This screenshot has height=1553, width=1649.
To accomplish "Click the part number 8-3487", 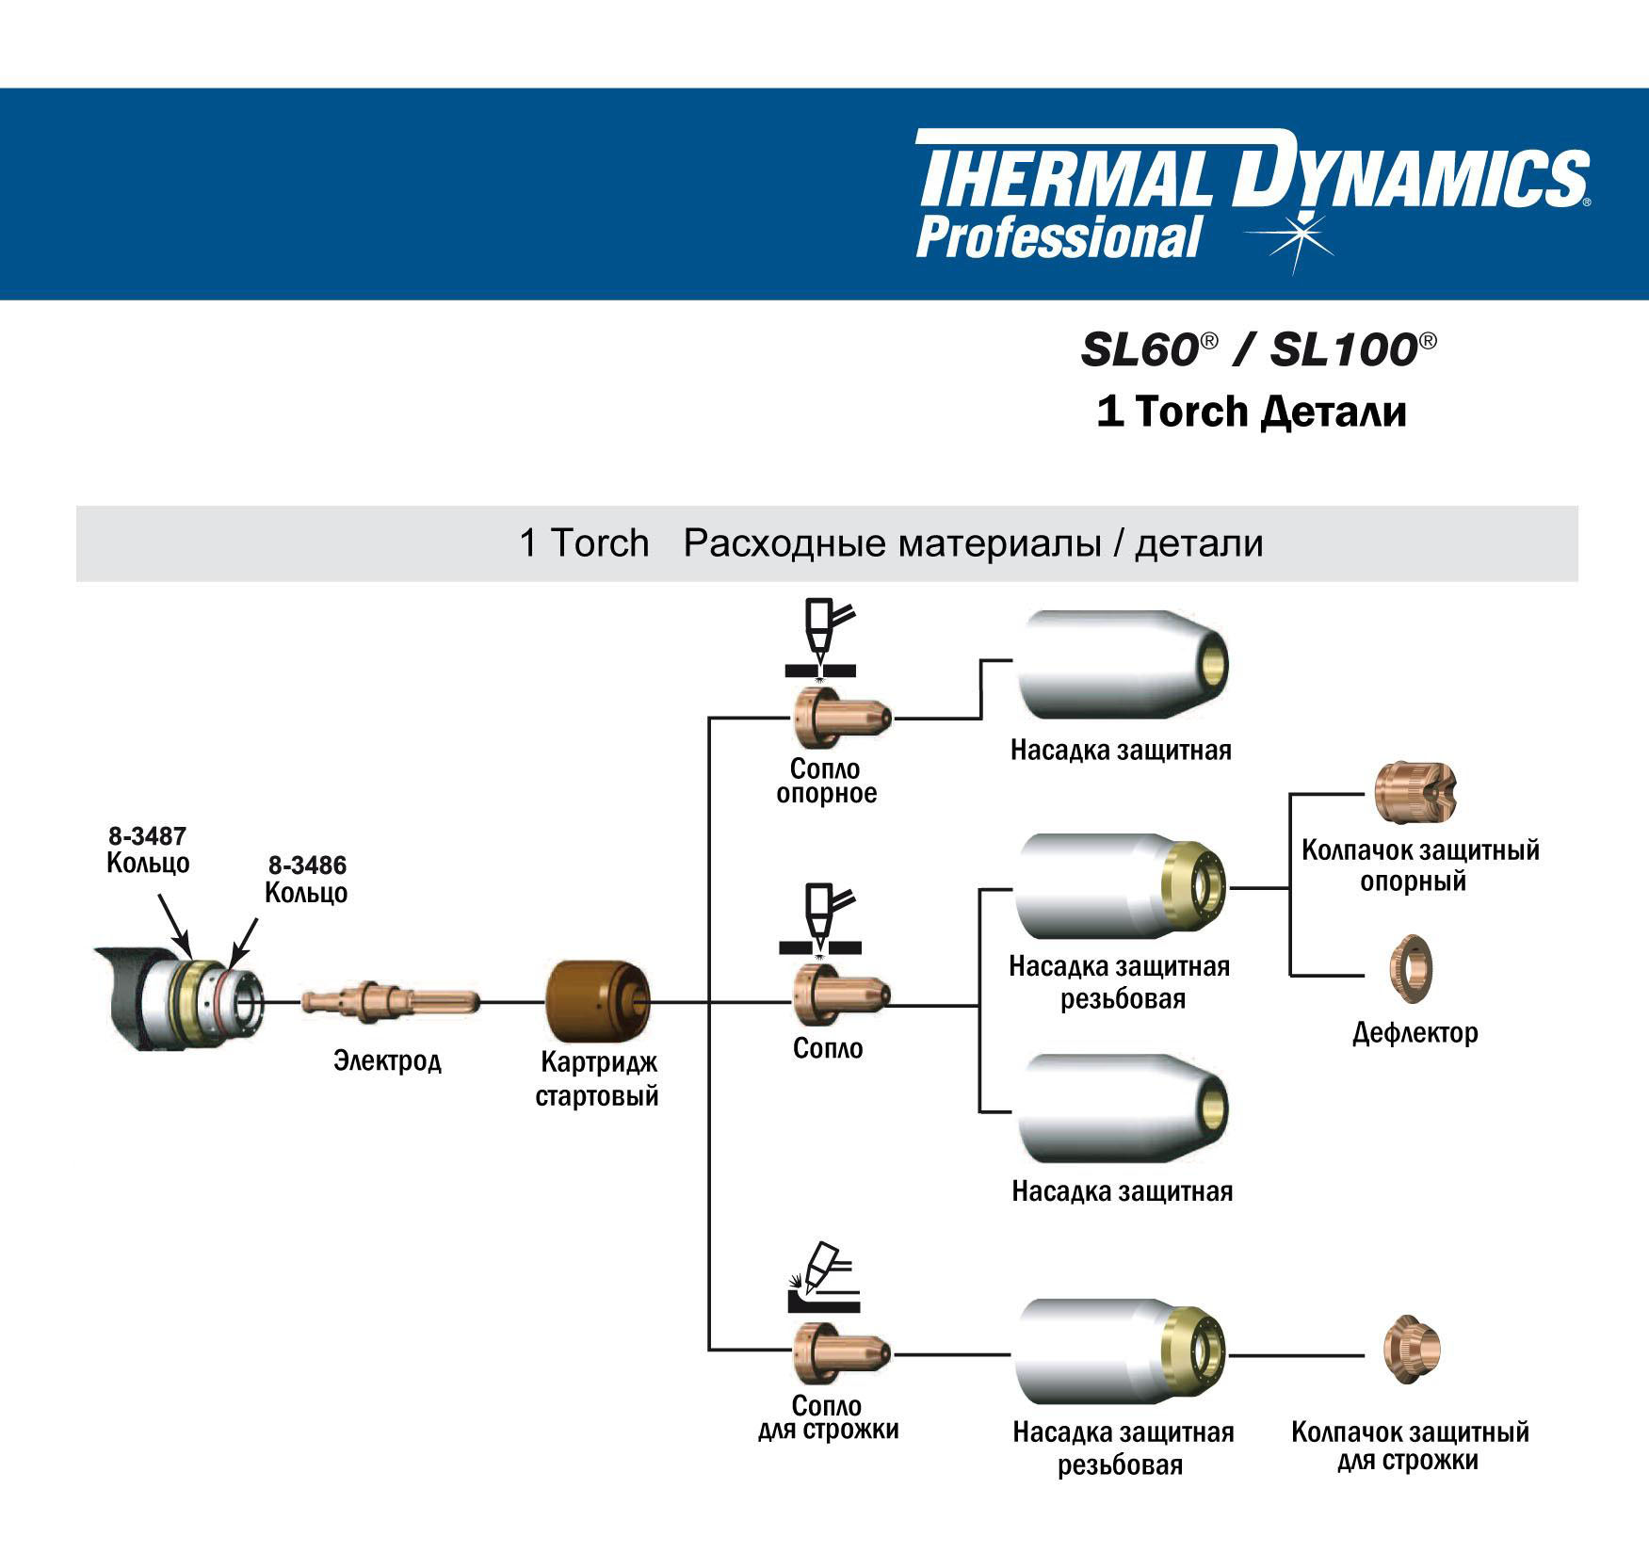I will [148, 835].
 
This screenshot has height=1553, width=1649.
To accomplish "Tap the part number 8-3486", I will [307, 865].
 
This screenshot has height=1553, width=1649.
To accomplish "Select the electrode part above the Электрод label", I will [390, 1001].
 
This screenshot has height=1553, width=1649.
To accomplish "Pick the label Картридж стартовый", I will [597, 1079].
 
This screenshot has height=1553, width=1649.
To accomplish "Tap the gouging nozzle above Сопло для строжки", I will [839, 1353].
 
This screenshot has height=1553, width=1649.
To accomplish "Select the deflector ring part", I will [1411, 968].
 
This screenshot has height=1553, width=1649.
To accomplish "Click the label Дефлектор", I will [1415, 1033].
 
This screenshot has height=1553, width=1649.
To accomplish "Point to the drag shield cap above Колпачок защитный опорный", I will [1414, 792].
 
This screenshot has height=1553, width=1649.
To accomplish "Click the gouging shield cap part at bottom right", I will [1412, 1350].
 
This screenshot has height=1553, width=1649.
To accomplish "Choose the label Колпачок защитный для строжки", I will [1409, 1447].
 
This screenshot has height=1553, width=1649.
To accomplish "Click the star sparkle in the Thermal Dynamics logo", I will [1301, 235].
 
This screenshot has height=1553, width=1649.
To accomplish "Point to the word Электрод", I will [387, 1061].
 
